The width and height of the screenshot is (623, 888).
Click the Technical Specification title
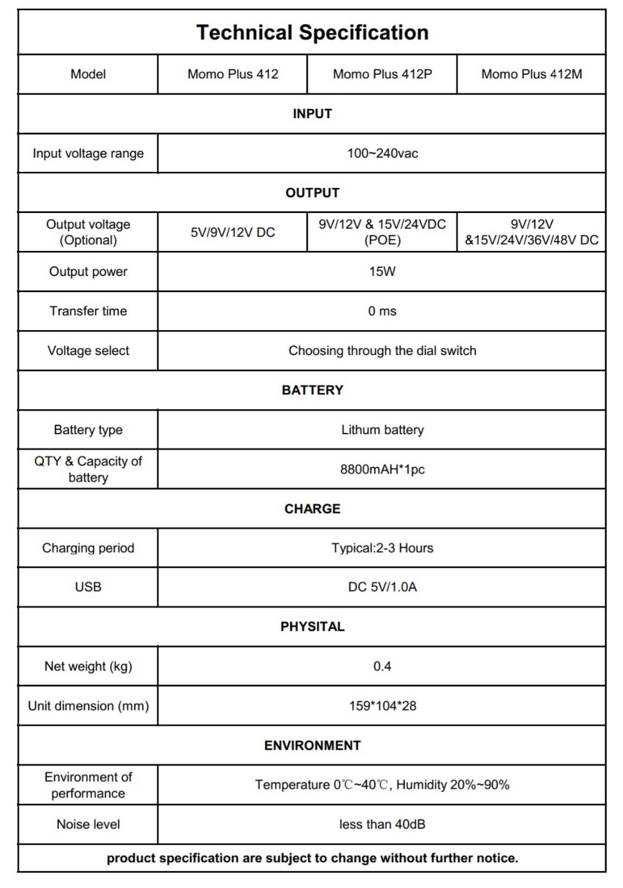tap(312, 32)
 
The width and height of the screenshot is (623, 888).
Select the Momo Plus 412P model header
tap(382, 74)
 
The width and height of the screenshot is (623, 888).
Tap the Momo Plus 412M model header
tap(531, 74)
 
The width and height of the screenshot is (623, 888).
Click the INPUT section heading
tap(312, 114)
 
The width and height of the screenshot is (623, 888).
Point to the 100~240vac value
tap(382, 153)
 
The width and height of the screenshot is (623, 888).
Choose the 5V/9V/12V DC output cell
tap(232, 232)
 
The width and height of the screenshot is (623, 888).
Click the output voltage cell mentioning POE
tap(382, 232)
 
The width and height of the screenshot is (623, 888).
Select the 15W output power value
tap(382, 272)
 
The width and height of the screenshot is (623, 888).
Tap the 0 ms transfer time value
tap(382, 311)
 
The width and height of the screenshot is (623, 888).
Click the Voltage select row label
tap(88, 351)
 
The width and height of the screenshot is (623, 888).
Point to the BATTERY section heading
tap(312, 390)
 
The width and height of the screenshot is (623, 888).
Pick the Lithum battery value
tap(382, 430)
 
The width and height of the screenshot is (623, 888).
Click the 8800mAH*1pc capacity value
tap(382, 470)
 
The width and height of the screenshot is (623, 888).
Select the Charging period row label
tap(88, 548)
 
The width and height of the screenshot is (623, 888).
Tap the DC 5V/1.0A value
tap(382, 587)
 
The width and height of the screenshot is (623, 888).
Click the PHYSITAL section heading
tap(312, 626)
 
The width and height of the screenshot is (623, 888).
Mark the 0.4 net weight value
tap(382, 666)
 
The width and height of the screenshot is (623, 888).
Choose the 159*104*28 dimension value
tap(382, 706)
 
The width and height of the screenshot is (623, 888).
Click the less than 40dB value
tap(382, 824)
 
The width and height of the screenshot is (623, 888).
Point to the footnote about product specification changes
tap(312, 858)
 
